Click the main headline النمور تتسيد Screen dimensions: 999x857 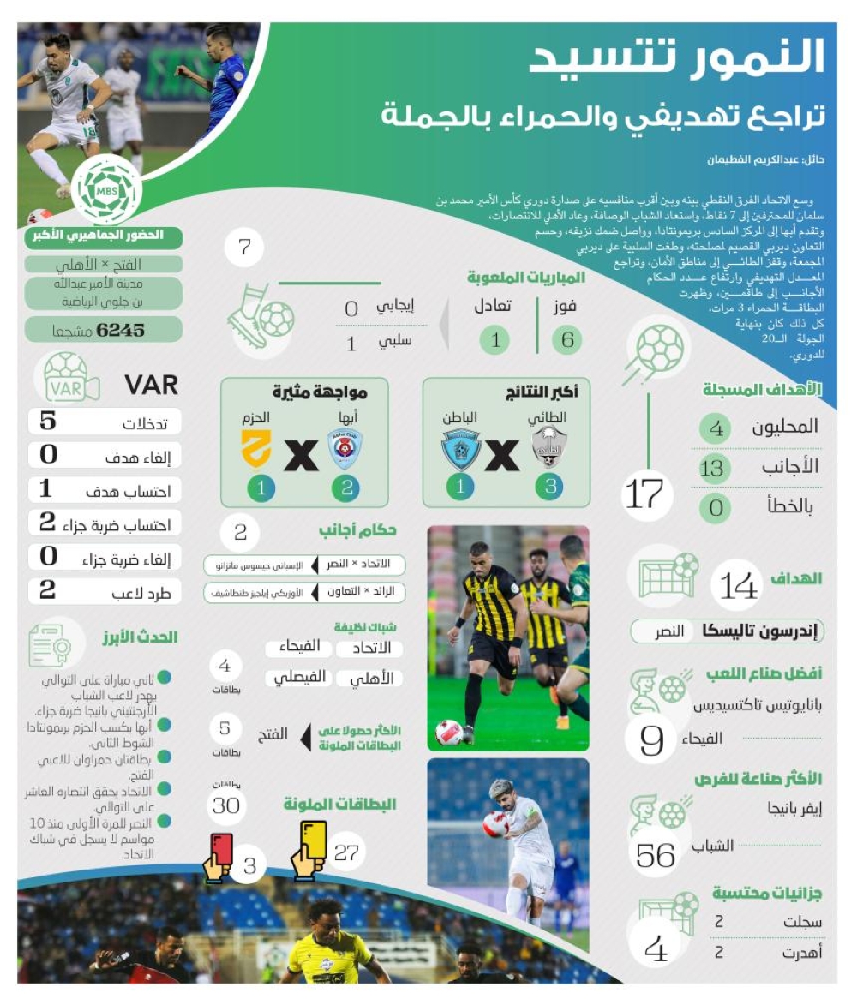click(x=676, y=58)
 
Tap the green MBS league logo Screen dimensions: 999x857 click(x=106, y=189)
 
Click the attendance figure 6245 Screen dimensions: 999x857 click(x=121, y=330)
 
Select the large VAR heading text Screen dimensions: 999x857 click(x=151, y=385)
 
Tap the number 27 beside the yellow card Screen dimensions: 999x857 click(x=346, y=852)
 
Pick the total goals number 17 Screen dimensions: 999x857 click(x=644, y=494)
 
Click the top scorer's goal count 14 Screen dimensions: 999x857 click(x=739, y=586)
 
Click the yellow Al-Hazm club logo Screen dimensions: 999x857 click(x=255, y=448)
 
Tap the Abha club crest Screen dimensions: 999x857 click(x=345, y=448)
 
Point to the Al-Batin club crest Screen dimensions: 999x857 click(x=460, y=449)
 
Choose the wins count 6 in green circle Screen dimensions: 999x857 click(x=567, y=340)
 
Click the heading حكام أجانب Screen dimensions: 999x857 click(x=357, y=530)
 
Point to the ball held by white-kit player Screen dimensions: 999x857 click(x=494, y=824)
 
